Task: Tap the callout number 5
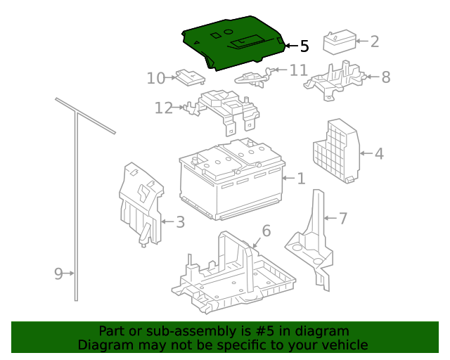[x=304, y=46]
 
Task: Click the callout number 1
[x=301, y=179]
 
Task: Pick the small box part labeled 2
[x=339, y=41]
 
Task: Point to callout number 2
[x=374, y=41]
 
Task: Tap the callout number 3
[x=180, y=222]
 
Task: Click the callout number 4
[x=379, y=153]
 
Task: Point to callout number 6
[x=266, y=231]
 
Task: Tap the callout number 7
[x=343, y=219]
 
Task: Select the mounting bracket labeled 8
[x=333, y=78]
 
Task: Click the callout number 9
[x=58, y=274]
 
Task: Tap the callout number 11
[x=298, y=70]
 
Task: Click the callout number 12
[x=163, y=108]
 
